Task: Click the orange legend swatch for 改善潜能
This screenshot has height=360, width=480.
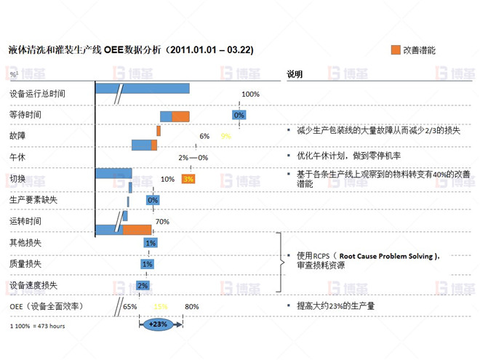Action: [396, 50]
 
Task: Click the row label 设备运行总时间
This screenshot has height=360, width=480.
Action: [37, 94]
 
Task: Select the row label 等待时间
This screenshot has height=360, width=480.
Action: [25, 115]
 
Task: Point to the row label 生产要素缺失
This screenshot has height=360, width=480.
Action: [33, 199]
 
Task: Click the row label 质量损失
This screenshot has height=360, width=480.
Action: [25, 263]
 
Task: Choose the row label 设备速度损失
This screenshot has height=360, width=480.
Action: [33, 285]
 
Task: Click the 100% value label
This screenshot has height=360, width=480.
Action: [250, 95]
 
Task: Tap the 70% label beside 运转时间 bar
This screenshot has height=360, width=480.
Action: [162, 222]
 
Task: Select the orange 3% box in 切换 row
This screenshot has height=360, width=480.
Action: [188, 179]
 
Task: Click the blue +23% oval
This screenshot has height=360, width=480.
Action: [159, 324]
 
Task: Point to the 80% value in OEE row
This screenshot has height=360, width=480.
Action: [192, 306]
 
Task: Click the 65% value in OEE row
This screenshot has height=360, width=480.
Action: [130, 306]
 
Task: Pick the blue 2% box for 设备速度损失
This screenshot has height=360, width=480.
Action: [143, 285]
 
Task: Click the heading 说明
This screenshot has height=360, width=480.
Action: [295, 74]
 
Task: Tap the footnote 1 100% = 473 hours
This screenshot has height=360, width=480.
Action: [38, 326]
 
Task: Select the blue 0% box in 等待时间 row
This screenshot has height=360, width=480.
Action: [239, 115]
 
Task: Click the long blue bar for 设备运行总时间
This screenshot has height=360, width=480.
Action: [143, 89]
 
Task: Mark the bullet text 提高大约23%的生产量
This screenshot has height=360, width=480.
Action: [335, 306]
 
